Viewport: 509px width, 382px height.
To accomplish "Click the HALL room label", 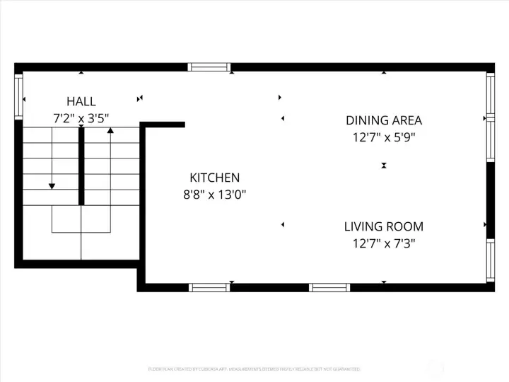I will pos(81,102).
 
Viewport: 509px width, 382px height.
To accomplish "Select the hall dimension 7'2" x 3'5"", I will pos(81,118).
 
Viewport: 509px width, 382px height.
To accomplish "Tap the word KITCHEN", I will pos(214,178).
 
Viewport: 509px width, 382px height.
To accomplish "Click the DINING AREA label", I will pos(383,120).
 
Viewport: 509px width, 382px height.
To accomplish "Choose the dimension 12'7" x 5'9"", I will pos(383,137).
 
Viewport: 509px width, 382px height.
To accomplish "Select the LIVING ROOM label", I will pos(383,227).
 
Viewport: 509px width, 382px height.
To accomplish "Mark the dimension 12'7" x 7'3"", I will pos(383,244).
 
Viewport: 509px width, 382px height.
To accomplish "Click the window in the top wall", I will pos(209,68).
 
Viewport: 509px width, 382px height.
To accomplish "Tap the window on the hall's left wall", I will pos(18,96).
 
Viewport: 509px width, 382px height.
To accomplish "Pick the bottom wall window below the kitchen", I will pos(209,287).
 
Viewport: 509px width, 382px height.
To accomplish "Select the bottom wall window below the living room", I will pos(329,287).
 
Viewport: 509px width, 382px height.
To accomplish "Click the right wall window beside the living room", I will pos(490,260).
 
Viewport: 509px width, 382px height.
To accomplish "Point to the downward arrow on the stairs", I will pos(52,185).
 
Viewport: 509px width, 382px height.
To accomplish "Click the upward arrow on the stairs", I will pos(110,131).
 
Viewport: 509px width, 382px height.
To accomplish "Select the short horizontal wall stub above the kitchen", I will pos(164,125).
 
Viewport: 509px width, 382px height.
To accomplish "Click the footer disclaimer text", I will pos(255,369).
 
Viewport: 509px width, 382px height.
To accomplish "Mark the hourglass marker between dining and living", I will pos(383,166).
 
